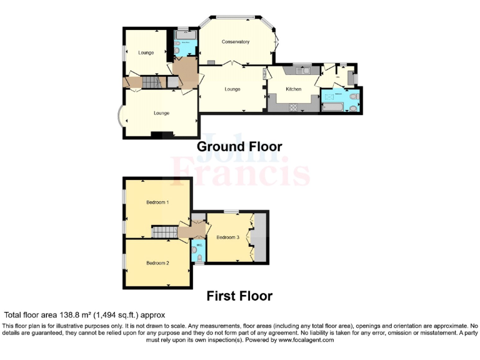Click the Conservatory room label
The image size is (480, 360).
coord(236,42)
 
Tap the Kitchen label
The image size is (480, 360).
coord(294,89)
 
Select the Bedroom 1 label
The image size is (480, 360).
coord(157,202)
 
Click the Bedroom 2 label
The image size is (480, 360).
coord(157,263)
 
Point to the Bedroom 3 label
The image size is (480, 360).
coord(227,237)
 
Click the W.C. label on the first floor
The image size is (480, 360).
coord(198,245)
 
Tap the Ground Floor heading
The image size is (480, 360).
coord(239,147)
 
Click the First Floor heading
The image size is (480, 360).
coord(239,296)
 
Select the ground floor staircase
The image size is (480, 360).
coord(151,82)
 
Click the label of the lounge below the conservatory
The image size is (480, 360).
coord(232,89)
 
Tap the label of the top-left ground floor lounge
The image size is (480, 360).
coord(146,52)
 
